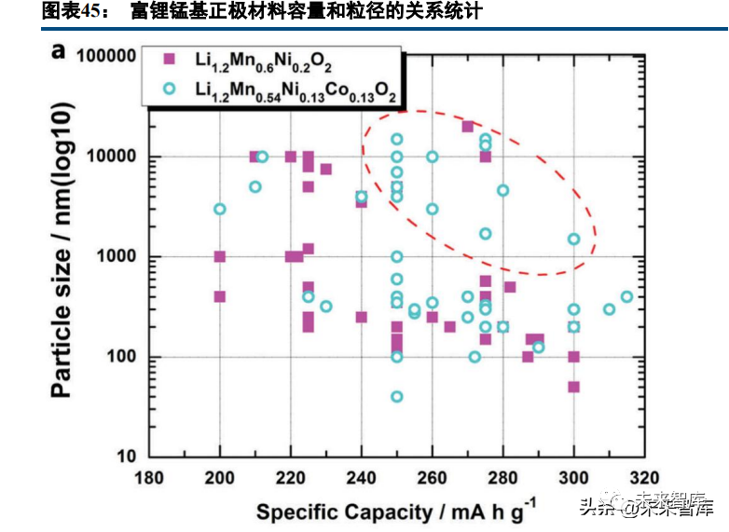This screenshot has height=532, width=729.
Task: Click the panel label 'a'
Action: click(x=59, y=51)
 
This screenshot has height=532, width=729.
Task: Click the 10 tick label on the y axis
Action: click(x=128, y=457)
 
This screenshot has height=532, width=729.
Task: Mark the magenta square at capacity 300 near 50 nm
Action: click(x=573, y=387)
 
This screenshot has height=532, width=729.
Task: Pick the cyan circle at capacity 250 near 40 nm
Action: click(x=397, y=396)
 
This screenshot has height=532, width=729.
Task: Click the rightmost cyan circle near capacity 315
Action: click(x=626, y=297)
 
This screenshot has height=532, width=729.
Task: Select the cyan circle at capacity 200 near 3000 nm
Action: click(x=220, y=209)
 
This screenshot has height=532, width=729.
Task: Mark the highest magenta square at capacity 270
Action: click(x=468, y=126)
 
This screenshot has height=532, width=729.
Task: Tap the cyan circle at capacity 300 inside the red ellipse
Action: click(x=573, y=239)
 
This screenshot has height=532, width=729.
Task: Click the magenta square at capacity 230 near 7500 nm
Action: click(x=326, y=169)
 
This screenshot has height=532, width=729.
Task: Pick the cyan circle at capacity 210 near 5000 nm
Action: click(x=255, y=186)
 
